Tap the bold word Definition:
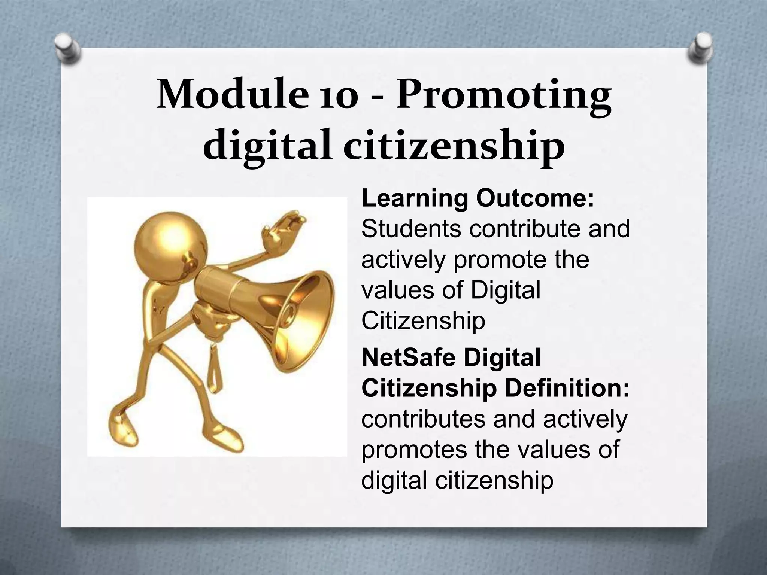[x=567, y=389]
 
